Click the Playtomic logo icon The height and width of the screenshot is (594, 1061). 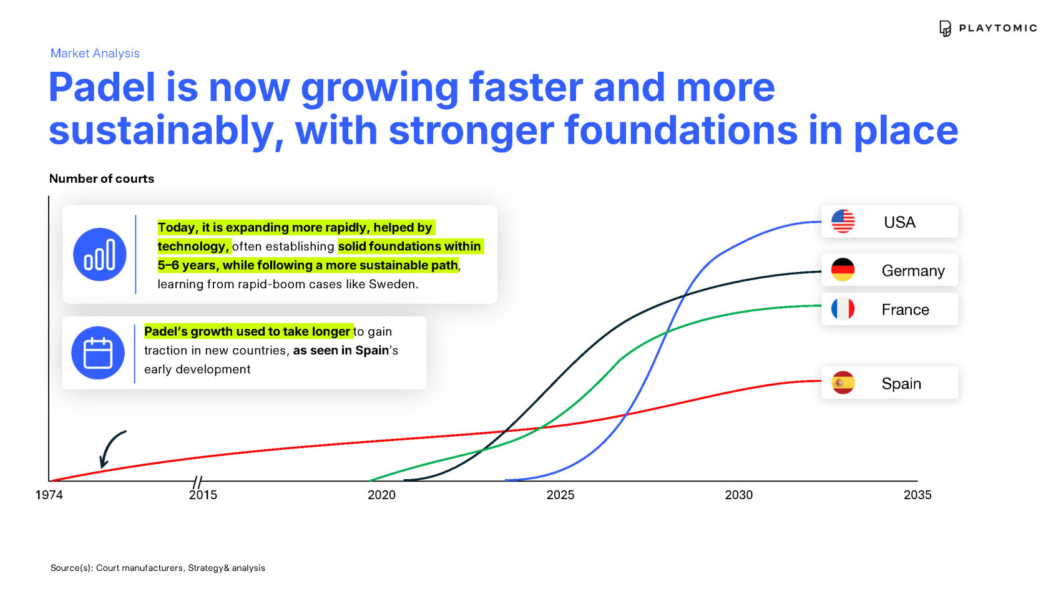944,29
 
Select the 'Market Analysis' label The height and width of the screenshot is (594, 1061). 95,53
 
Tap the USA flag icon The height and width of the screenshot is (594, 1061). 843,222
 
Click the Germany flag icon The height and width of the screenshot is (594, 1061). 843,270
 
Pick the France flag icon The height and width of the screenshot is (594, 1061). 843,309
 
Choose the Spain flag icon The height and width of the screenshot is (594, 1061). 843,382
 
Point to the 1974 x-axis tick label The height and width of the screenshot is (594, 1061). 49,495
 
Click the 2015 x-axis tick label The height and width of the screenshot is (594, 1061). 203,495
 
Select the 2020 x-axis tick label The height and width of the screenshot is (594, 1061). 381,495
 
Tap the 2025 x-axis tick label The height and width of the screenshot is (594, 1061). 560,495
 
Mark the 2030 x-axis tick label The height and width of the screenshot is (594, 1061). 738,495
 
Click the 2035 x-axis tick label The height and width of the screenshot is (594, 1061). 917,495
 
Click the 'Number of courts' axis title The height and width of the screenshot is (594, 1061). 102,178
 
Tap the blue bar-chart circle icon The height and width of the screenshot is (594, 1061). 99,255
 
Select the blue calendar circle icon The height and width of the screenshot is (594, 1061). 98,353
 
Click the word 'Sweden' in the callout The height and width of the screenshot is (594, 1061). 393,285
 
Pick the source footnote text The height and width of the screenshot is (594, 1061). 158,568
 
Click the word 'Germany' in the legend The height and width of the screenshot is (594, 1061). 912,271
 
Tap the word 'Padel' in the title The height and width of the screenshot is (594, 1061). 102,87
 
